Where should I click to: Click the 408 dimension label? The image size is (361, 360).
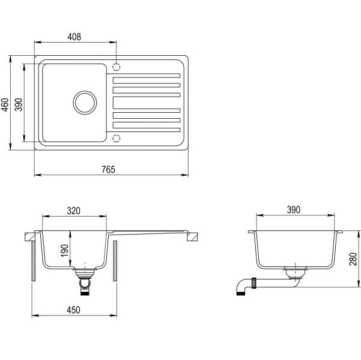pos(74,37)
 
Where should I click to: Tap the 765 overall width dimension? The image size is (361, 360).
pos(108,170)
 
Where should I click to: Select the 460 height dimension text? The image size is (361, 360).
pos(5,104)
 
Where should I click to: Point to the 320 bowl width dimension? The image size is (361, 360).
pos(74,211)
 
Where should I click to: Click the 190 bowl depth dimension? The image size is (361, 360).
pos(64,251)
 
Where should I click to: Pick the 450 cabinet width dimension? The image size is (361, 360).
pos(73,310)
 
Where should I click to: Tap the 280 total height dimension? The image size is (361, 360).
pos(353,259)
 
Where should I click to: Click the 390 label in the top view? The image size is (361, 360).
pos(19,104)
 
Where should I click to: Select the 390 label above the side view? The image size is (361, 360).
pos(294,210)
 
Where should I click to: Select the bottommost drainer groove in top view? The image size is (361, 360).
pos(147,130)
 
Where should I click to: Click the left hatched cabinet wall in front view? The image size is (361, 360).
pos(34,261)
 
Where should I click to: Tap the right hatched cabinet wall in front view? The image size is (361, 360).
pos(115,261)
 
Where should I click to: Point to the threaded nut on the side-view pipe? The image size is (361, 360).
pos(254,283)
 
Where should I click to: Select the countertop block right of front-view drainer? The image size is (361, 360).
pos(192,237)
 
